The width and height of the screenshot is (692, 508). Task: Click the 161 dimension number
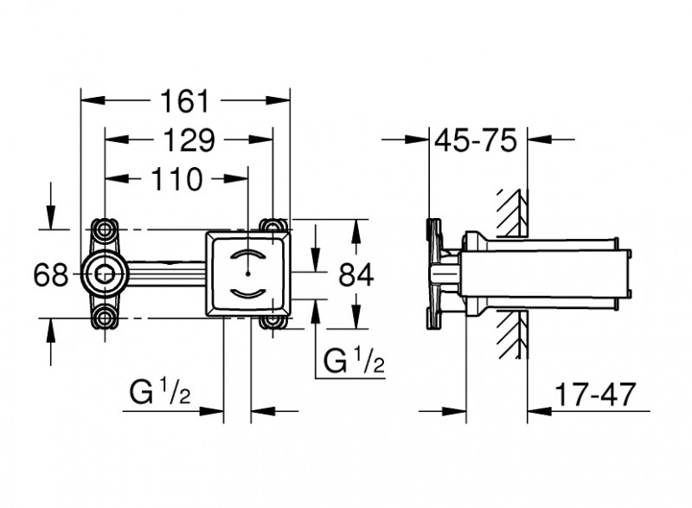point(185,101)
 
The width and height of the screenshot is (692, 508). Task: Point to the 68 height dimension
point(50,275)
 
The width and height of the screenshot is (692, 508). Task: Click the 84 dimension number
point(355,275)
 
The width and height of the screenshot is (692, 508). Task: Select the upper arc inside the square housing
point(248,257)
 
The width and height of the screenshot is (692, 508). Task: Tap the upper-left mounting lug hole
point(106,229)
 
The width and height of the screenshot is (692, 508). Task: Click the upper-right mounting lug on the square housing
point(277,227)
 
